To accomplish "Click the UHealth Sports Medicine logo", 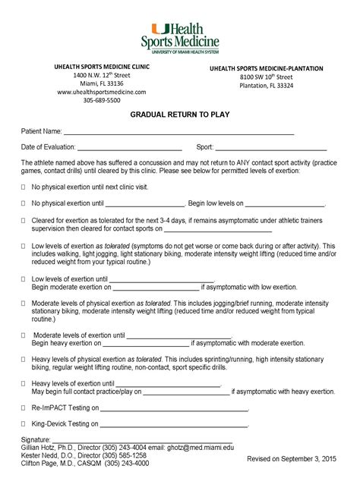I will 179,33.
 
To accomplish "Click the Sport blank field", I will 271,148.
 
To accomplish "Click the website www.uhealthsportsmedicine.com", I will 101,92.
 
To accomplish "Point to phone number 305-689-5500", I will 101,100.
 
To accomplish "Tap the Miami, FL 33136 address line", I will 101,83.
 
